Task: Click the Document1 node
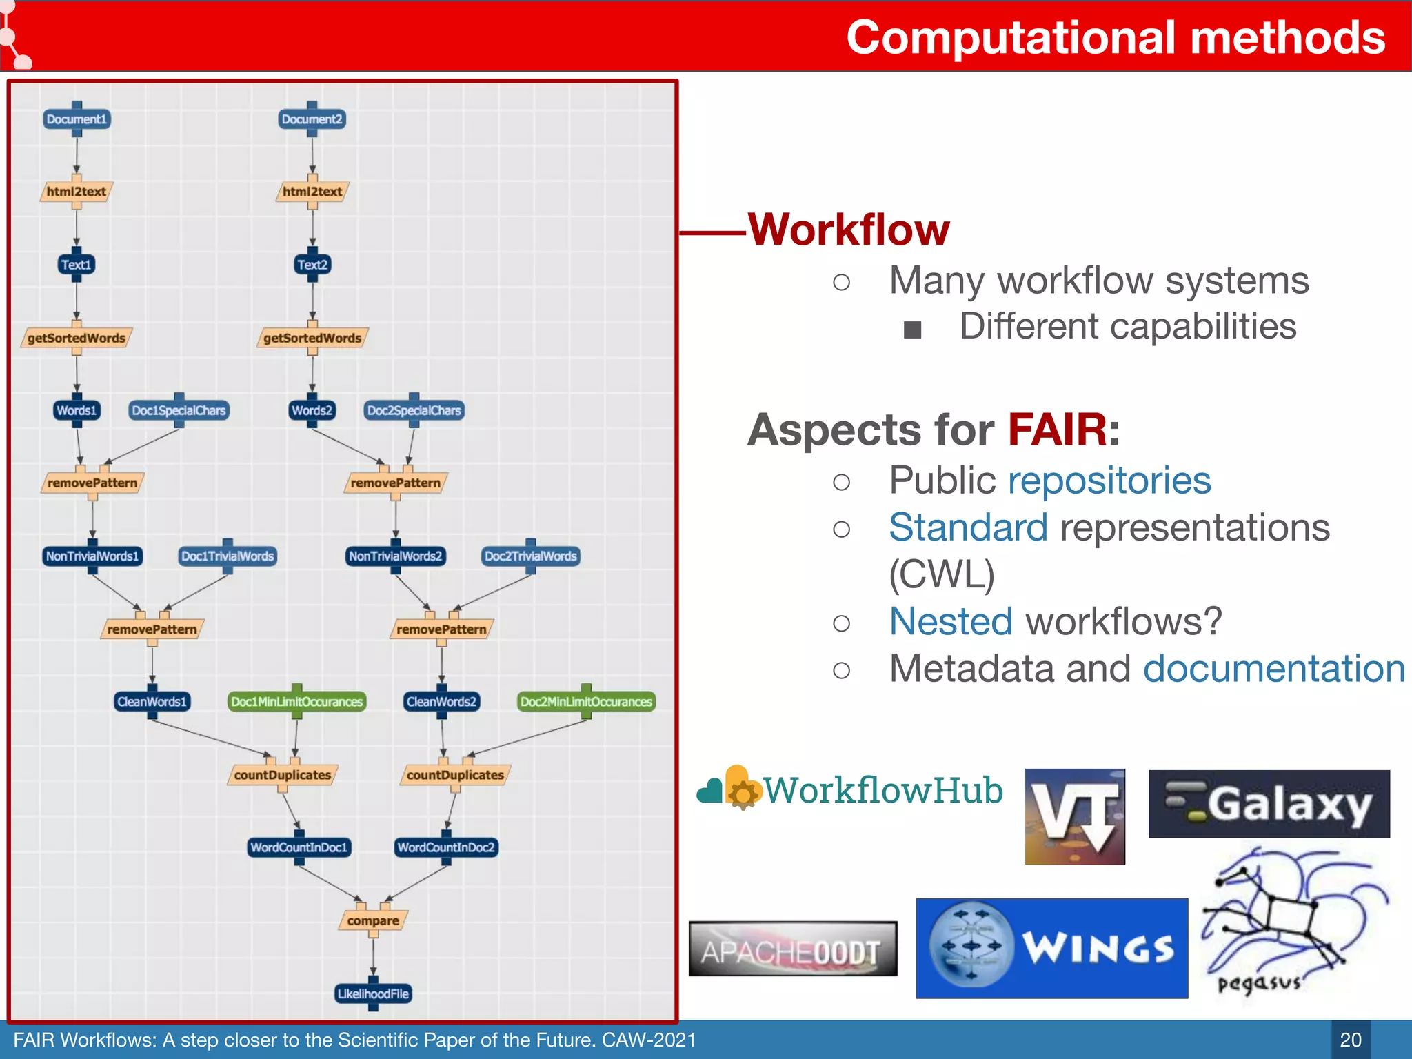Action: (77, 119)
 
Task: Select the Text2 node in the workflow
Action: (312, 265)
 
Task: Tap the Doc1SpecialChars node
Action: (179, 411)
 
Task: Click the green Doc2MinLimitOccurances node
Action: (586, 702)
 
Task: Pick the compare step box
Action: (373, 921)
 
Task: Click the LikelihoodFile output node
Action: (373, 994)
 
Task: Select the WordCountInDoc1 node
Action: (299, 847)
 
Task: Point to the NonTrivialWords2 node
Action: (395, 556)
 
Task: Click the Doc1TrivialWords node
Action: (228, 556)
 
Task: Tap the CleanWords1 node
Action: (152, 702)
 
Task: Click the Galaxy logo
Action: (1269, 804)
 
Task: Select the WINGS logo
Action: (1051, 948)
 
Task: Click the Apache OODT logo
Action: (793, 949)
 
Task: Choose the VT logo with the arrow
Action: (1074, 816)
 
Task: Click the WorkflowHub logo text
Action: (882, 791)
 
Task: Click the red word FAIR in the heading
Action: (1058, 430)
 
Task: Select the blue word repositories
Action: (1109, 481)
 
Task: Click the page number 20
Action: (1350, 1040)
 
